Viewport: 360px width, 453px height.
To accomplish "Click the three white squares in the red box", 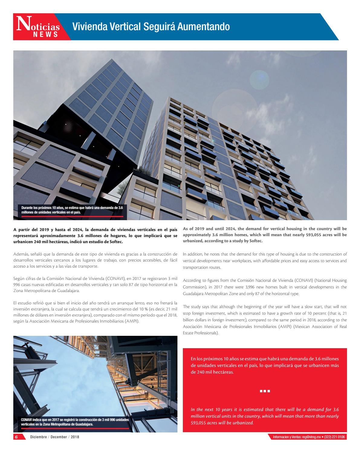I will click(x=264, y=391).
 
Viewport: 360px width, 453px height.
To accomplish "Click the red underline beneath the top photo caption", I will click(x=72, y=216).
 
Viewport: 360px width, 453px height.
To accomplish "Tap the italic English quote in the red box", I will click(x=264, y=416).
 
